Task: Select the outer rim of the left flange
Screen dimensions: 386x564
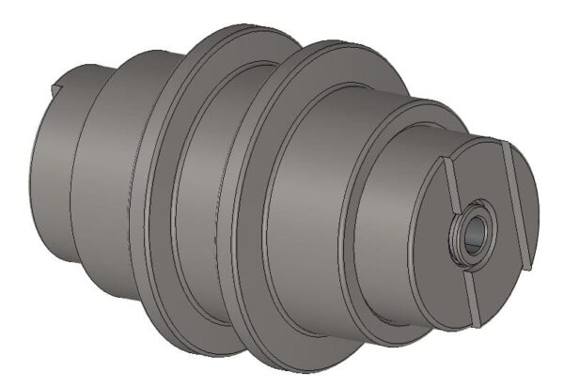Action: [155, 188]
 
